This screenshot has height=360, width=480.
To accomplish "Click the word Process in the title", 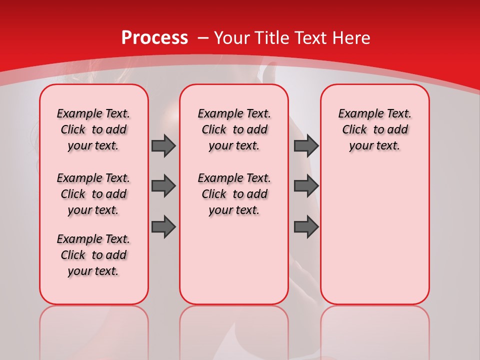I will tap(154, 37).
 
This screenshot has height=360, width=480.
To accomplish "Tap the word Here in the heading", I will tap(351, 37).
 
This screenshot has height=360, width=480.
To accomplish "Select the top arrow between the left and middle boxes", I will tap(163, 145).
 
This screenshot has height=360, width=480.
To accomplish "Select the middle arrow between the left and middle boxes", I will tap(163, 186).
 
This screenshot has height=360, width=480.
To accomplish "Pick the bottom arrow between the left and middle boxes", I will tap(163, 226).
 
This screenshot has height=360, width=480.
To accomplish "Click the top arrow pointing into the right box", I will tap(306, 145).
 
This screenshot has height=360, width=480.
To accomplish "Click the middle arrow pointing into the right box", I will tap(306, 186).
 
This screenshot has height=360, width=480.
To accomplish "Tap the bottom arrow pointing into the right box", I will tap(306, 226).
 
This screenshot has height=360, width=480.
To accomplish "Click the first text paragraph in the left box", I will tap(93, 129).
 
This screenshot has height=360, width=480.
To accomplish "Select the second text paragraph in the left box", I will tap(93, 194).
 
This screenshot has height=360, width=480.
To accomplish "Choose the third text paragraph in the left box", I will tap(93, 255).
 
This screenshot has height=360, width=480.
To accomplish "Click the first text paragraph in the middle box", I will tap(234, 129).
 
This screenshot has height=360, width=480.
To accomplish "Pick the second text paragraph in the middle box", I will tap(234, 194).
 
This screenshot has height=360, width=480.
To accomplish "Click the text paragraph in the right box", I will tap(374, 129).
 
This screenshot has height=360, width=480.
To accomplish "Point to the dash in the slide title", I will tap(203, 38).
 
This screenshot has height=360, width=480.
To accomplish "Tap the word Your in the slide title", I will tap(232, 37).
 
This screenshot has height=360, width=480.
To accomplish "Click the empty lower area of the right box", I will tap(374, 235).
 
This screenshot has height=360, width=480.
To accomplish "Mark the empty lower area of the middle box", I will tap(234, 260).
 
